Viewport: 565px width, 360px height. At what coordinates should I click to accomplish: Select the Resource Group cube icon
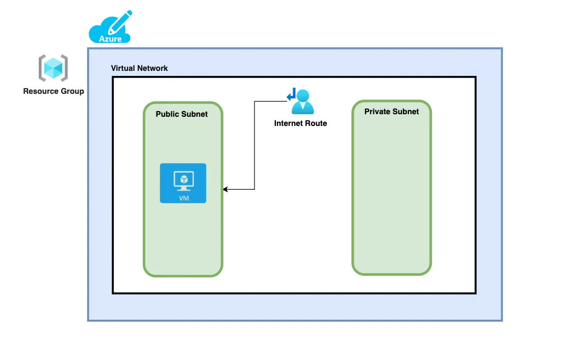[53, 68]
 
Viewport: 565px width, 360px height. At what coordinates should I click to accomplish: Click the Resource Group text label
[54, 91]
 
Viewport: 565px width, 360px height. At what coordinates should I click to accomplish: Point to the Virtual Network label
[139, 68]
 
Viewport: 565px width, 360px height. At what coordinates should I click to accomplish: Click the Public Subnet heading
[182, 114]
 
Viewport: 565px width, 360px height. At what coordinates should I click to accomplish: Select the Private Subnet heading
[391, 112]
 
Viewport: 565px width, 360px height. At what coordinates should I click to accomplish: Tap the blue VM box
[183, 183]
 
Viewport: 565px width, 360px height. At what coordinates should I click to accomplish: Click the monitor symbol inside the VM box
[183, 180]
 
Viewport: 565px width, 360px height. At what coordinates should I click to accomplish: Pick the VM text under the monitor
[184, 198]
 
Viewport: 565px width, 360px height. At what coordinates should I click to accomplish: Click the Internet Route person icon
[302, 101]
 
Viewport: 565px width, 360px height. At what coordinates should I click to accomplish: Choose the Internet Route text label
[300, 123]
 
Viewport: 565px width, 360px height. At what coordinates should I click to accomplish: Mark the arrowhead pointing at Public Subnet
[225, 190]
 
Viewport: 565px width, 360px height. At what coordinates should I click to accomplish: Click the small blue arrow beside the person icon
[291, 95]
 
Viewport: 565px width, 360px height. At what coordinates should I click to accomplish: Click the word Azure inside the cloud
[110, 38]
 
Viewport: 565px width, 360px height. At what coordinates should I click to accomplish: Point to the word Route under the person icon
[316, 123]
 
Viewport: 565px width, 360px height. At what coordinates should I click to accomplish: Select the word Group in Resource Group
[72, 91]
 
